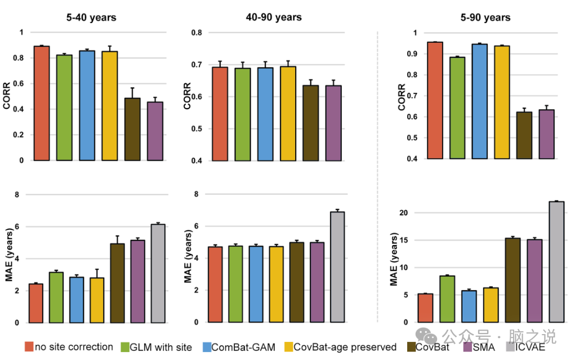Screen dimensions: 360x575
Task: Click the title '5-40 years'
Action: tap(90, 17)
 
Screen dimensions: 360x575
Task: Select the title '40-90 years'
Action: tap(274, 17)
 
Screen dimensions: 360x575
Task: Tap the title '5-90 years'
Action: tap(485, 17)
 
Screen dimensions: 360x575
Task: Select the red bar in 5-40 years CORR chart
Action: tap(42, 103)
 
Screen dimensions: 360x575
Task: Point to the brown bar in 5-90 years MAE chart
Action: tap(512, 280)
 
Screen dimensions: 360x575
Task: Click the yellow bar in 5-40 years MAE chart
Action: tap(97, 300)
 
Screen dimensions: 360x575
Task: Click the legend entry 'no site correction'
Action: tap(74, 347)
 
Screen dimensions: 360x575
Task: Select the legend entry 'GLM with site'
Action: tap(161, 347)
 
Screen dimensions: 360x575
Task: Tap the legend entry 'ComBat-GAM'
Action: tap(243, 347)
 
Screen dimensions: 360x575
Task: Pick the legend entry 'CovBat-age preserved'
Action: tap(345, 347)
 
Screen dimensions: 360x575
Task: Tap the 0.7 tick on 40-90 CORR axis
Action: tap(198, 65)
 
